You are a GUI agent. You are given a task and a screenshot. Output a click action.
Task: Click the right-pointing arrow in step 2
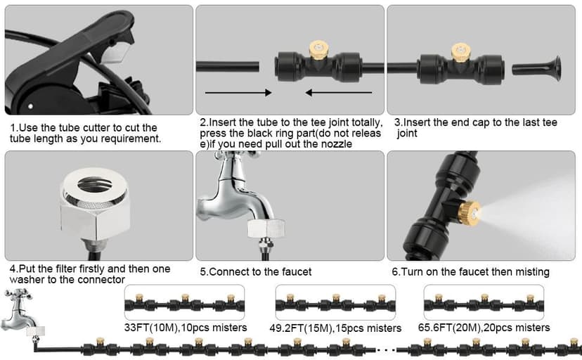(238, 92)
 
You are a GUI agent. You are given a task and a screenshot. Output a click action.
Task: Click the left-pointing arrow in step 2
(339, 92)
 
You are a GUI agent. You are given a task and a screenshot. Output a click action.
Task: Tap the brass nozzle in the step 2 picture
(319, 50)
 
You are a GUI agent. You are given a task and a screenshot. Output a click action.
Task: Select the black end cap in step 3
(537, 68)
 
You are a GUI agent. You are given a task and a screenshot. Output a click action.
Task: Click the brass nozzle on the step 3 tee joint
(461, 52)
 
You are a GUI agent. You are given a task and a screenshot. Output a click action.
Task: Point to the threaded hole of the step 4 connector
(94, 184)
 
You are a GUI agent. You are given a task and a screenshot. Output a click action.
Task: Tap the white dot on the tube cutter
(30, 106)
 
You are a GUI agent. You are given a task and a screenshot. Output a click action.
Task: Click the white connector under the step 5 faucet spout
(266, 229)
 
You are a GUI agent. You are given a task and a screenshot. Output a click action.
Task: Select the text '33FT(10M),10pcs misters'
(186, 328)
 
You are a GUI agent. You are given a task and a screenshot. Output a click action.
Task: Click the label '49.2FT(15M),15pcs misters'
(335, 328)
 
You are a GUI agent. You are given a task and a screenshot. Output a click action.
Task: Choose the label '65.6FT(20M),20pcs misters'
(484, 328)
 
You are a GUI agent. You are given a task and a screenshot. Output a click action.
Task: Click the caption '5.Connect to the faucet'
(256, 271)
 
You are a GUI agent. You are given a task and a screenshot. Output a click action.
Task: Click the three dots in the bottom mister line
(386, 349)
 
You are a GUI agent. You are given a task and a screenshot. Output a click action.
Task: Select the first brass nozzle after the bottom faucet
(100, 341)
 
